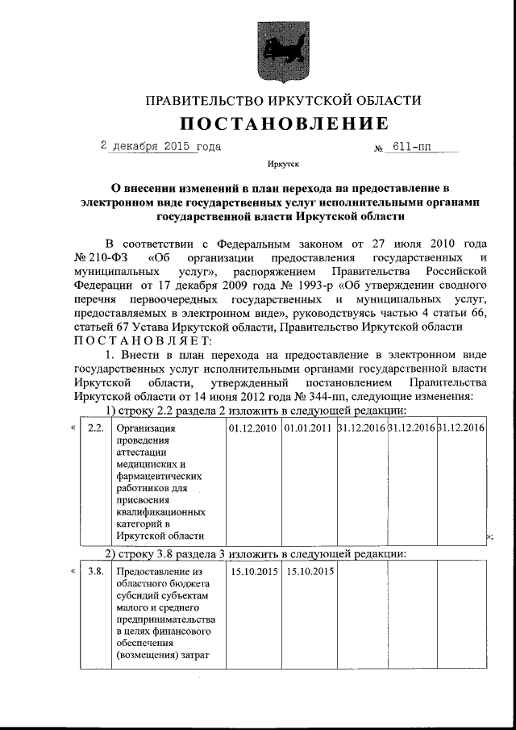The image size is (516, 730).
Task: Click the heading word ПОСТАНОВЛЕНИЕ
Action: click(x=283, y=123)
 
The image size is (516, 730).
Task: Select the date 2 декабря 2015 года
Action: click(x=160, y=148)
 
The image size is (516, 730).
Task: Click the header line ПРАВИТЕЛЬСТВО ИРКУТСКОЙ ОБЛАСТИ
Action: click(x=283, y=101)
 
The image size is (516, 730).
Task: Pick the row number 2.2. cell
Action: click(x=95, y=428)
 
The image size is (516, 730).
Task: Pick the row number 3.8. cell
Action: click(x=95, y=572)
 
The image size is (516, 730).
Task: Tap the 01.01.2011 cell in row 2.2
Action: click(x=307, y=428)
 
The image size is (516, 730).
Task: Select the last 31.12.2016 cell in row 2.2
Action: click(x=460, y=428)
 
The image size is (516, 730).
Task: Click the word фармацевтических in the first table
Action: click(x=160, y=476)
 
